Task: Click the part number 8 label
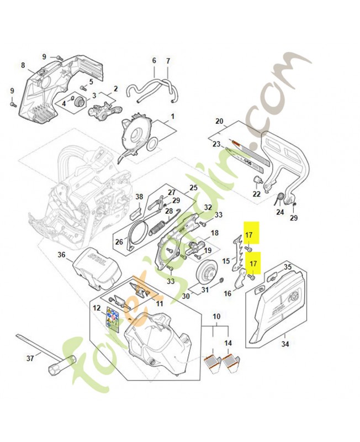[23, 65]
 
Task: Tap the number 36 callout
[61, 255]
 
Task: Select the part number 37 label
[30, 358]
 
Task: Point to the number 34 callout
[285, 345]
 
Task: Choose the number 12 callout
[97, 307]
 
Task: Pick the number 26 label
[119, 241]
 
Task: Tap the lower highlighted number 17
[252, 264]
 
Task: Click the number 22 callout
[256, 193]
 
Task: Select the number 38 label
[139, 197]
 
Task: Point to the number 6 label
[154, 60]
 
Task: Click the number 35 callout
[287, 267]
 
